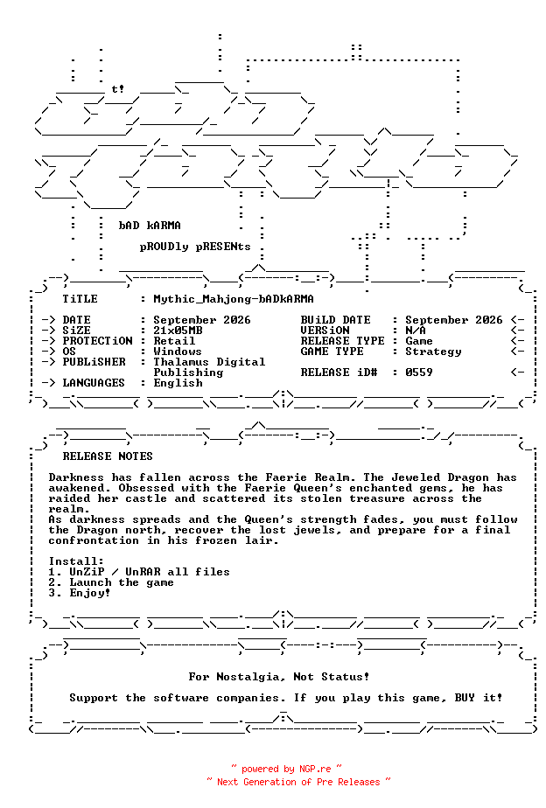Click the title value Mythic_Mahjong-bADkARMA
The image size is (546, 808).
point(234,299)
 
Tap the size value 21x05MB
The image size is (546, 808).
point(178,331)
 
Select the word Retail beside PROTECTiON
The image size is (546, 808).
point(174,341)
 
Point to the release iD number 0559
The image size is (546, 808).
point(418,373)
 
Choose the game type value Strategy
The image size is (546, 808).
point(433,352)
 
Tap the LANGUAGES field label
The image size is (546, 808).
point(94,383)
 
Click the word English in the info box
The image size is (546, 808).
point(178,383)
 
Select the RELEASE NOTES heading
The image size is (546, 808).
point(108,456)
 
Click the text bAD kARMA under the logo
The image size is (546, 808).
point(150,226)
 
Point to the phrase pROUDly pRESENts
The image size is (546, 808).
point(195,247)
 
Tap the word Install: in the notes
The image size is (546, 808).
point(76,561)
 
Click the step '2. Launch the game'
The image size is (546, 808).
point(111,582)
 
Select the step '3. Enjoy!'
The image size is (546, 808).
point(80,593)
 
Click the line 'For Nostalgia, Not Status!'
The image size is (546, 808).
point(279,677)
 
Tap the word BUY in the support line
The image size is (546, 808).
point(465,698)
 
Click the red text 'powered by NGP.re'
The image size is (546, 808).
point(287,770)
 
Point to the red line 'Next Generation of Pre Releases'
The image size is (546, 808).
point(298,783)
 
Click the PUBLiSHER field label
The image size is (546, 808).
point(94,362)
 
